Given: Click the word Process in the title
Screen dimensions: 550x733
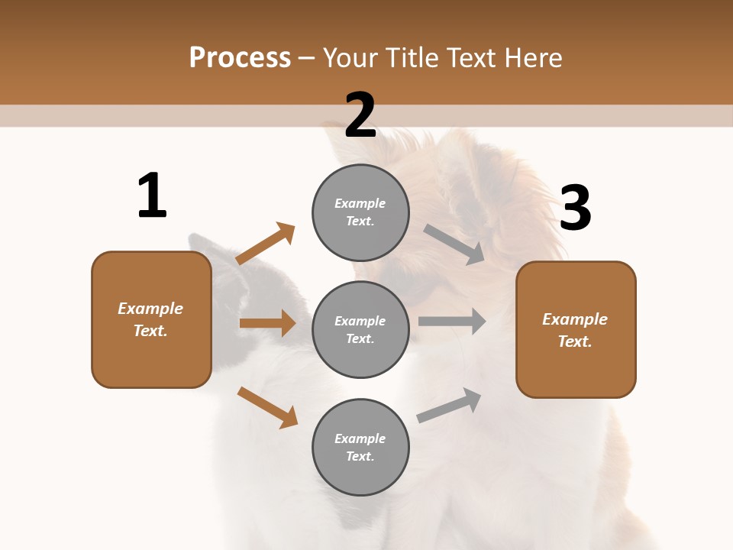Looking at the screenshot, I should tap(240, 58).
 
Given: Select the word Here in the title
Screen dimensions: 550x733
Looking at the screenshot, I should tap(531, 58).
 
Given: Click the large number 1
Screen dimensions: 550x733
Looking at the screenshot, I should tap(152, 196).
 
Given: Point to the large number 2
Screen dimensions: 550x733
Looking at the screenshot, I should tap(360, 115).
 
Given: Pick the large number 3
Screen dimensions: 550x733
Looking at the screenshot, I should tap(575, 209).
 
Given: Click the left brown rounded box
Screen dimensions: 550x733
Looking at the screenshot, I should tap(151, 319).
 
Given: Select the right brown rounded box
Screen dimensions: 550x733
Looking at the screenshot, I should tap(576, 330).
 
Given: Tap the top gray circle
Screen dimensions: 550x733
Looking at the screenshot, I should tap(360, 212).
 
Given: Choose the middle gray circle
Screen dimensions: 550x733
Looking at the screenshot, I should tap(360, 330).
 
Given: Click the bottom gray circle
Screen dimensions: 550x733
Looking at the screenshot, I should tap(360, 448).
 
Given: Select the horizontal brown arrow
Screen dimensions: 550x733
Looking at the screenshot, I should tap(267, 323).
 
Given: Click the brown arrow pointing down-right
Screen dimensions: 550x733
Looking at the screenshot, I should tap(267, 407).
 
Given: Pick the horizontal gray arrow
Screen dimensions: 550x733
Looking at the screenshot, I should tap(452, 321).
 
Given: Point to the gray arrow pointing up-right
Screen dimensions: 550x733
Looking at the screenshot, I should tap(450, 405).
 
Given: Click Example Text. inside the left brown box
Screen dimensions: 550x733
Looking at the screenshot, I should tap(151, 319).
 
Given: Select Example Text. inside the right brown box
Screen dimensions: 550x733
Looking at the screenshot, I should tap(576, 330).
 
